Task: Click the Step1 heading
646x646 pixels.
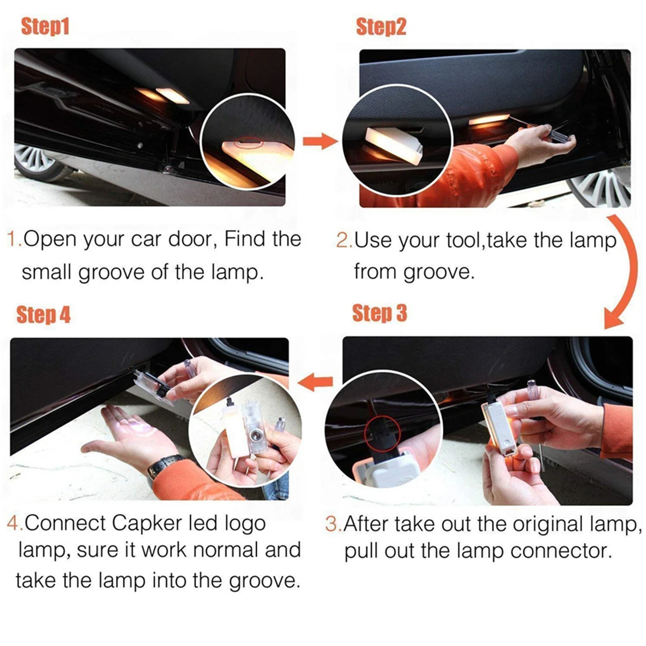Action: pos(46,26)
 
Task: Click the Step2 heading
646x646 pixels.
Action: pos(381,26)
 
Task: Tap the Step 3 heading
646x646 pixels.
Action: pos(379,313)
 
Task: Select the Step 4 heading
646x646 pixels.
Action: pos(43,315)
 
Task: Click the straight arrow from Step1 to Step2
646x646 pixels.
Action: pos(320,142)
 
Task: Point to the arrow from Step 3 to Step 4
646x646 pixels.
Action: pos(315,382)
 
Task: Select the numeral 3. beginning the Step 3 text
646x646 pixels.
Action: pos(332,524)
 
